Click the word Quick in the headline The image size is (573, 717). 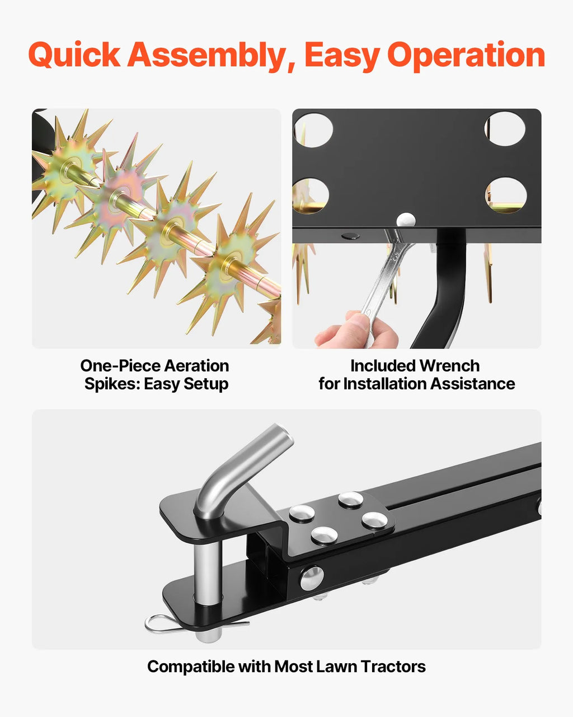tap(74, 55)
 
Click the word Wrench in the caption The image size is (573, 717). tap(449, 365)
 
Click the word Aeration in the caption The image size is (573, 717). tap(196, 365)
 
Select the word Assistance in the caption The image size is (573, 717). tap(472, 384)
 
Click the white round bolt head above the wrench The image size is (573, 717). tap(406, 220)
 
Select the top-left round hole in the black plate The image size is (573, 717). tap(313, 130)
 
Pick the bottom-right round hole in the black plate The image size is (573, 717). tap(506, 195)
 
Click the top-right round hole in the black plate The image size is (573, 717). tap(505, 129)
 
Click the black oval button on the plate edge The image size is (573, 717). tap(350, 236)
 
